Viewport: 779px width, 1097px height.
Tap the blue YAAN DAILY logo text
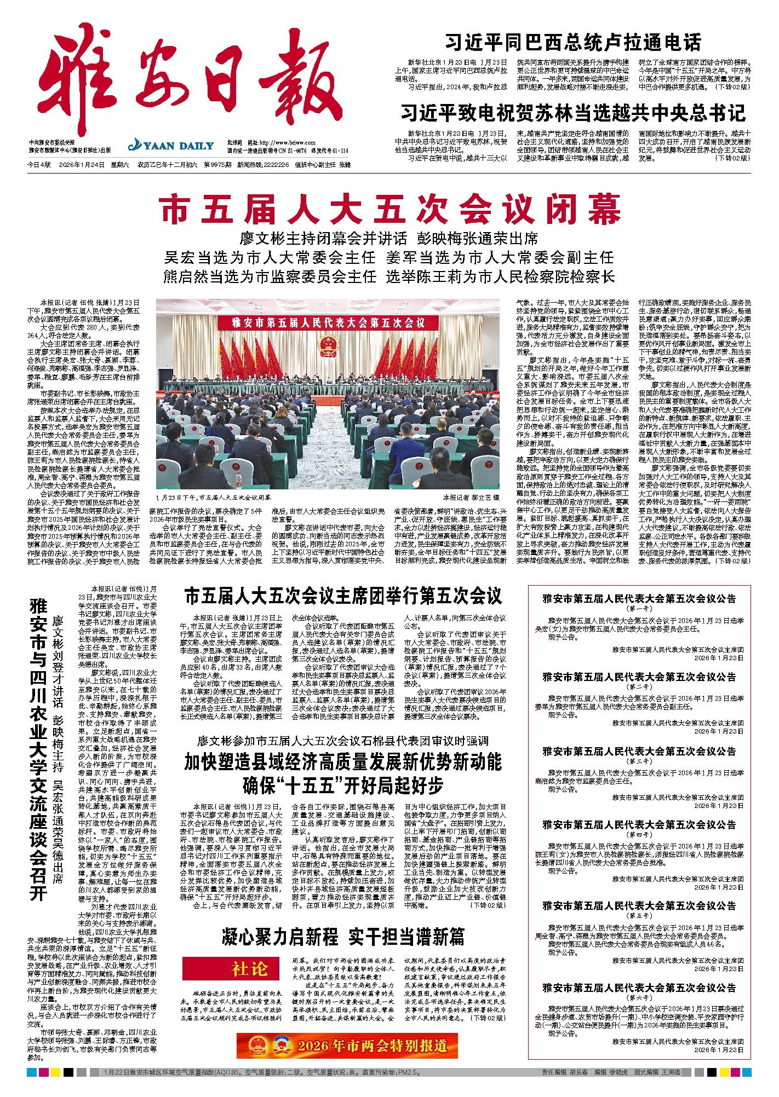tap(171, 146)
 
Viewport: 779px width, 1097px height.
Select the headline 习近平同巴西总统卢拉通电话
tap(572, 42)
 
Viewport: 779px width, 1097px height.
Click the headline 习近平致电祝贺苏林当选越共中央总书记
tap(572, 113)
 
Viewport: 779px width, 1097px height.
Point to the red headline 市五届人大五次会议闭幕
tap(390, 209)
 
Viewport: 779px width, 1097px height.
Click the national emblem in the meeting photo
tap(328, 346)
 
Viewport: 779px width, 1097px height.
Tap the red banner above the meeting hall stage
tap(328, 322)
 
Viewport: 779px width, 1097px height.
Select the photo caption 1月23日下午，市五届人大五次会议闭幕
tap(214, 498)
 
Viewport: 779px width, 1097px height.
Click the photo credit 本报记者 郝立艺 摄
tap(471, 498)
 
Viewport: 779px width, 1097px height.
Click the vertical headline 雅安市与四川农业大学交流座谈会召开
tap(38, 750)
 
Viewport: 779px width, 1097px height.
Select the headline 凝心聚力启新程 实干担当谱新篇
tap(343, 937)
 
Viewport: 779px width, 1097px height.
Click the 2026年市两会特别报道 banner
tap(347, 1046)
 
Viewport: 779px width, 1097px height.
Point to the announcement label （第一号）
tap(639, 609)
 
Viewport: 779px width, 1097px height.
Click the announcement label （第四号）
tap(639, 835)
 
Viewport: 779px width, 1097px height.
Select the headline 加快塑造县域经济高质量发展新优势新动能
tap(343, 761)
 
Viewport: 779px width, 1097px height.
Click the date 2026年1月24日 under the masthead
tap(82, 165)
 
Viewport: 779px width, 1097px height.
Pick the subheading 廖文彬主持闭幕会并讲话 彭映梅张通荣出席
tap(389, 239)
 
